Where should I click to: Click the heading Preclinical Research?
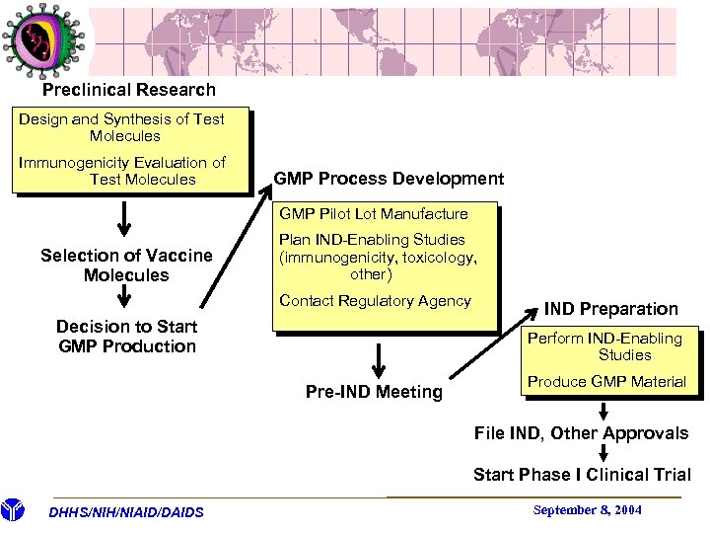[x=128, y=90]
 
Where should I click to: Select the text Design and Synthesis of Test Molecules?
[x=123, y=127]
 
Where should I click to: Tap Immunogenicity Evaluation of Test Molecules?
[x=123, y=171]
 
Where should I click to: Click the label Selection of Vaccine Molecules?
[x=126, y=266]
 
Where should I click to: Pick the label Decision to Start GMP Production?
[x=126, y=337]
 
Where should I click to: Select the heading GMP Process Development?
[x=389, y=179]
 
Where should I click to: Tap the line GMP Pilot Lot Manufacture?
[x=374, y=213]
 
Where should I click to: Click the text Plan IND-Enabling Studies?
[x=378, y=257]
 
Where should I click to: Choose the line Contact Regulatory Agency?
[x=375, y=300]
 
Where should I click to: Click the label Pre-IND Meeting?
[x=374, y=392]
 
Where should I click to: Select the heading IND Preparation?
[x=610, y=309]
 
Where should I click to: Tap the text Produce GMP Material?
[x=606, y=382]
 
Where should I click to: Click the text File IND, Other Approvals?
[x=581, y=433]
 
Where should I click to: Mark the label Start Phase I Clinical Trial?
[x=582, y=475]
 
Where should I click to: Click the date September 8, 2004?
[x=587, y=509]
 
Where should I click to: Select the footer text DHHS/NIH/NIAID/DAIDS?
[x=126, y=511]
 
